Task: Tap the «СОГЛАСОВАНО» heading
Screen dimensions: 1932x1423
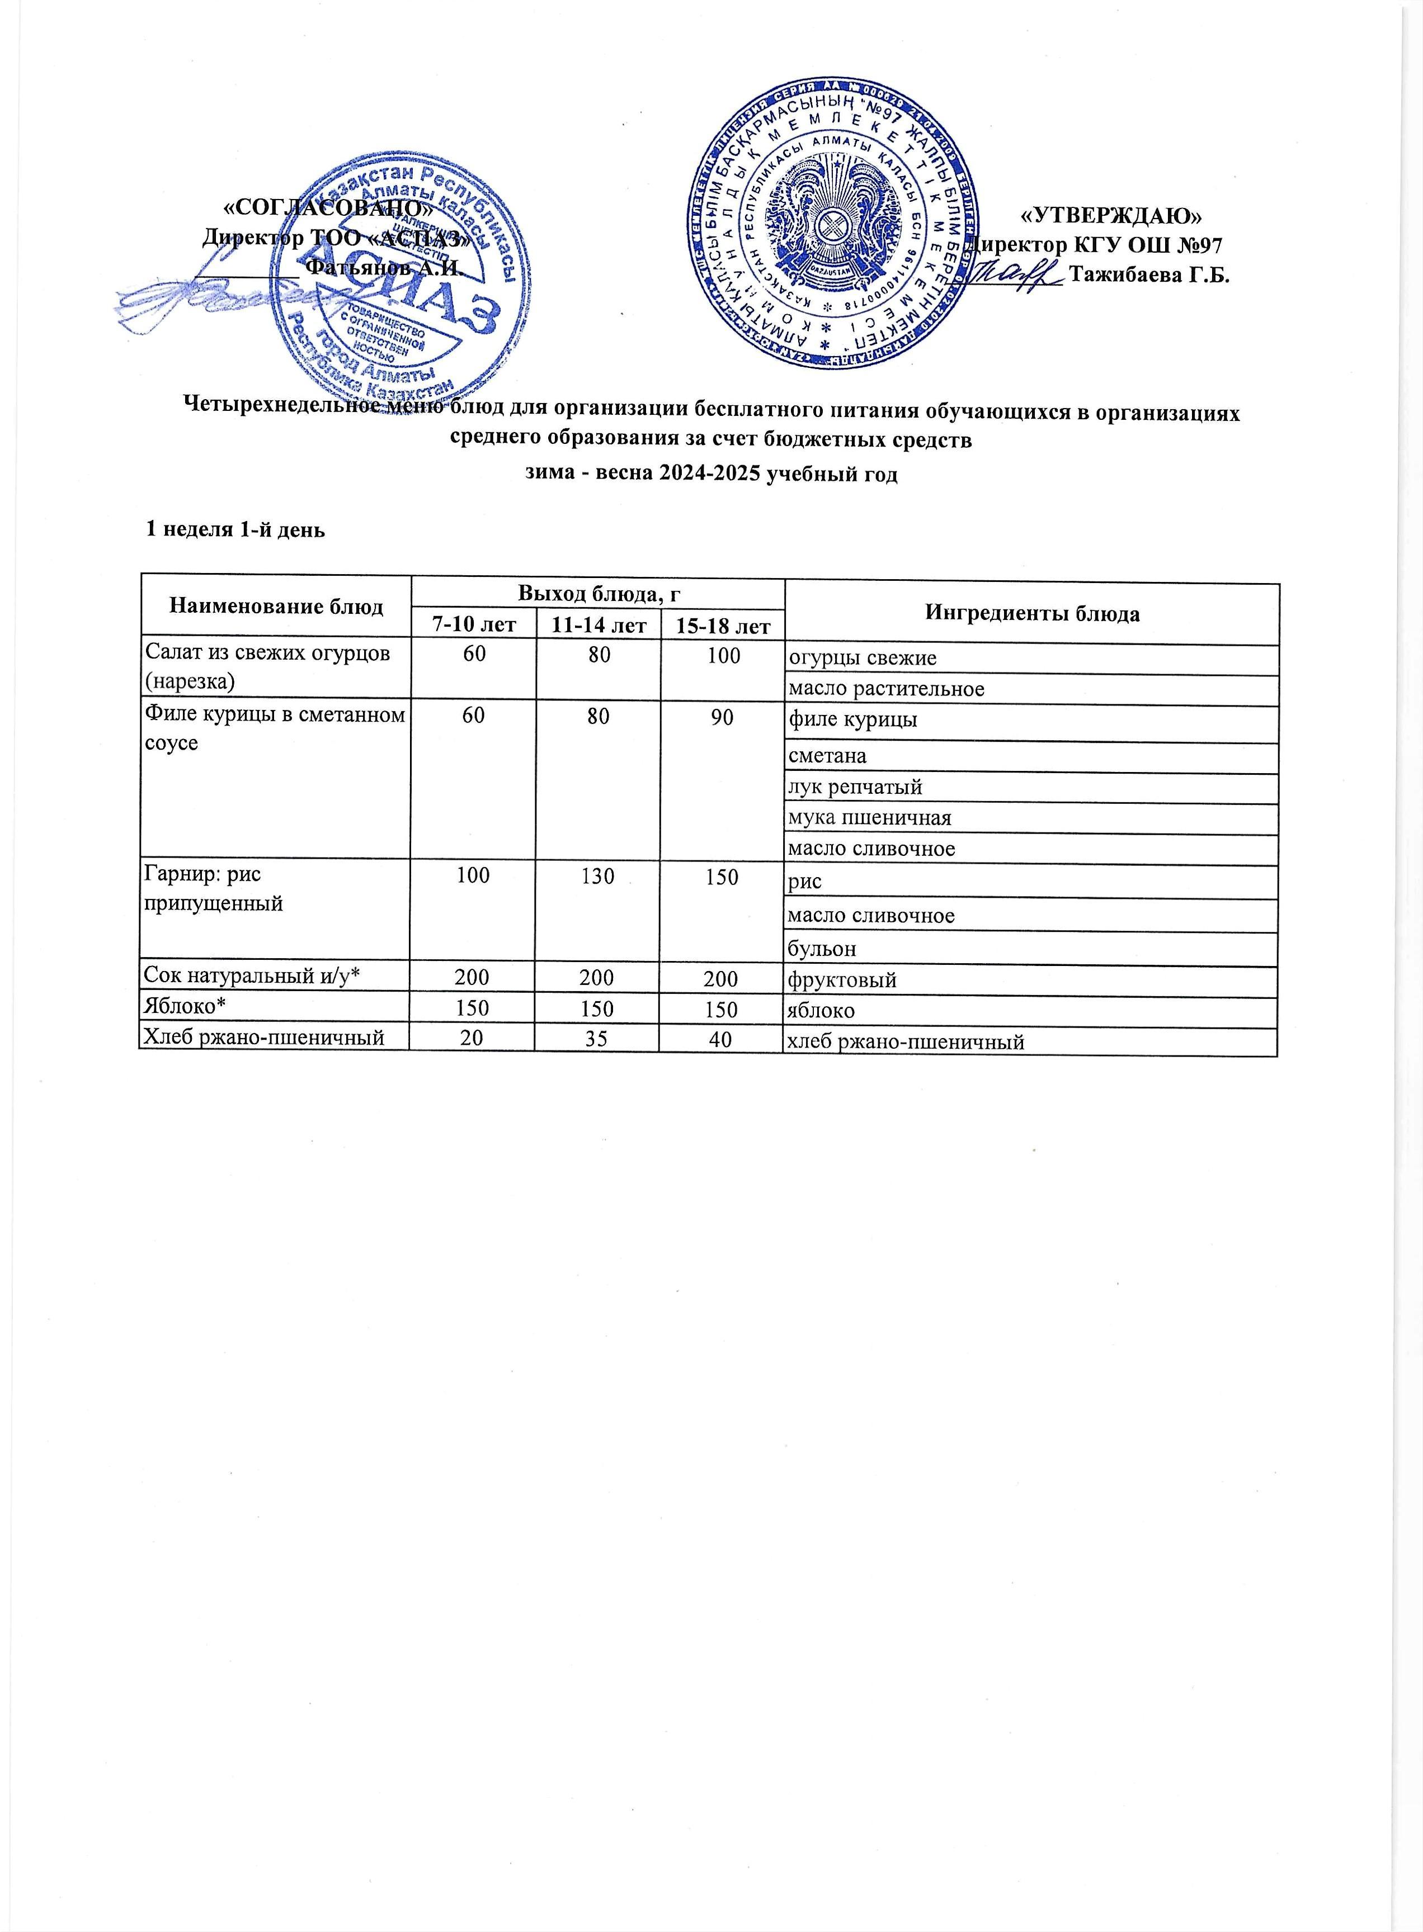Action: pyautogui.click(x=327, y=207)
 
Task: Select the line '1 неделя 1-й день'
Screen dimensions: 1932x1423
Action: pyautogui.click(x=235, y=529)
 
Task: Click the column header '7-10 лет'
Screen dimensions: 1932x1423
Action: pyautogui.click(x=473, y=625)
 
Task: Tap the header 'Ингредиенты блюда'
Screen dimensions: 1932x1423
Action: pyautogui.click(x=1032, y=613)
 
